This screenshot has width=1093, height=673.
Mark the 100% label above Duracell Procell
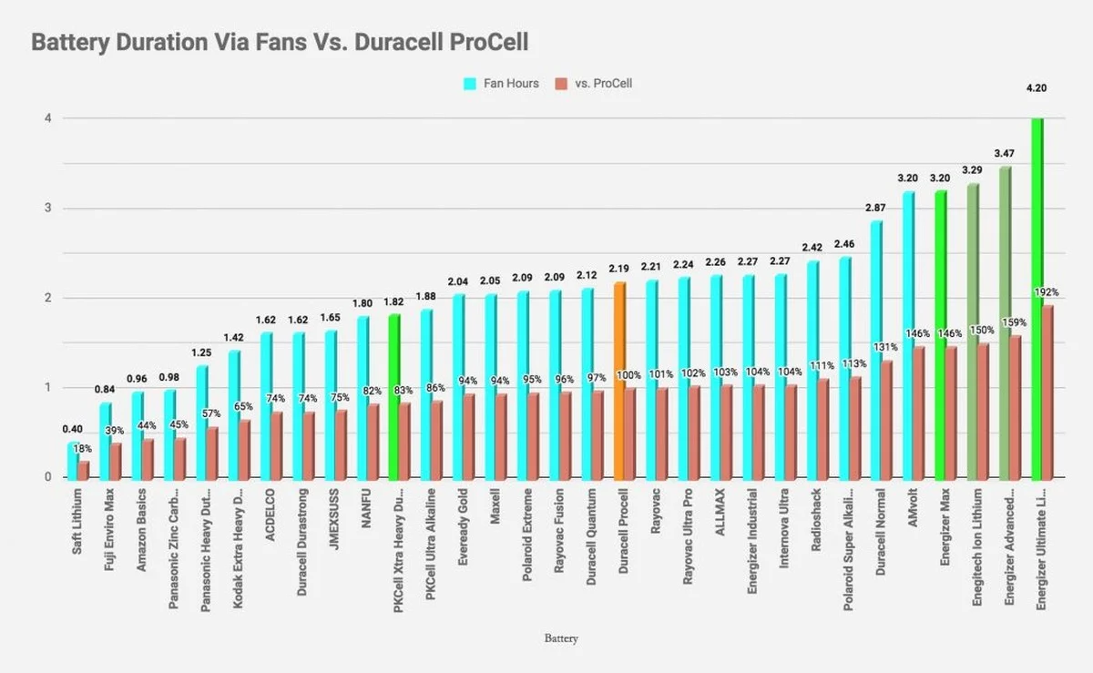point(628,375)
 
